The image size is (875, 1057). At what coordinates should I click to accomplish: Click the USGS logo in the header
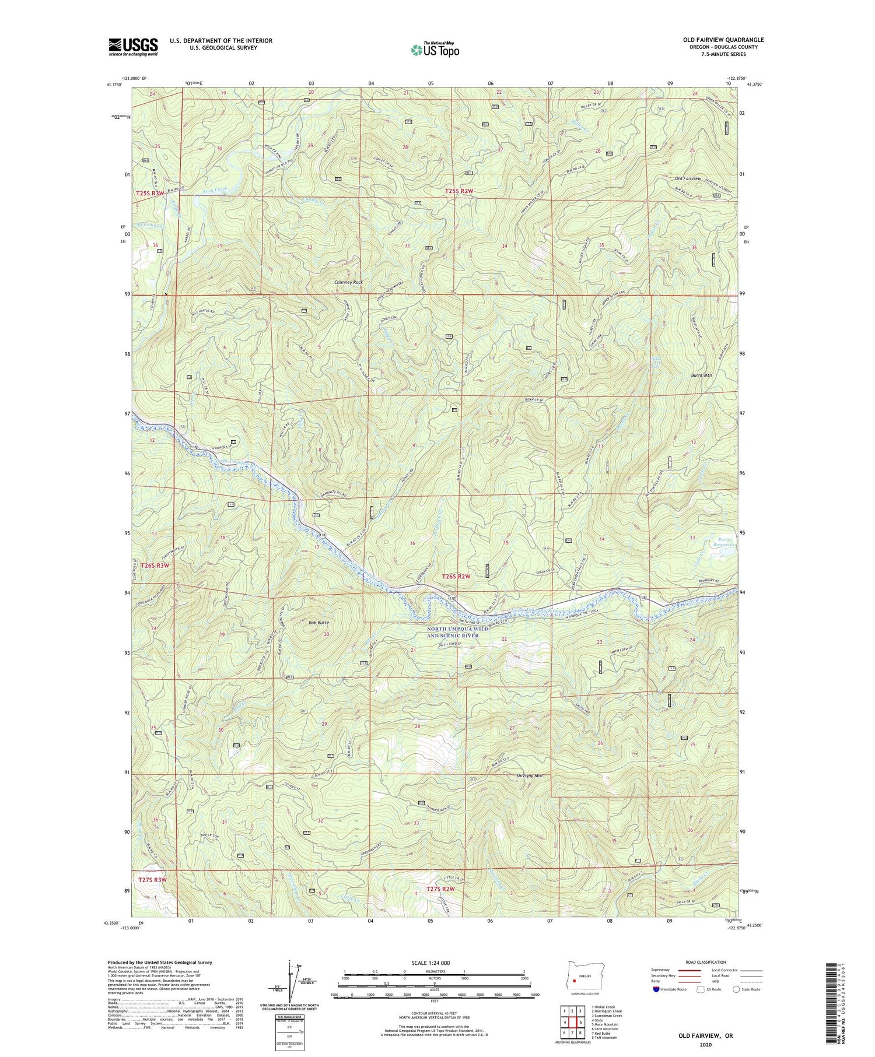point(133,47)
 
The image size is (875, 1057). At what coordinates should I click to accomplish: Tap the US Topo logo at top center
point(435,50)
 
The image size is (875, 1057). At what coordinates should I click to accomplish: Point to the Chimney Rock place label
point(348,282)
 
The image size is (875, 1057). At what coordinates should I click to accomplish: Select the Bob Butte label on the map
point(320,623)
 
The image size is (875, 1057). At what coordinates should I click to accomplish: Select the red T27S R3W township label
point(152,880)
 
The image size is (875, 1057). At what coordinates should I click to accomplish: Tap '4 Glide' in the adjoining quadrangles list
point(599,1019)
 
